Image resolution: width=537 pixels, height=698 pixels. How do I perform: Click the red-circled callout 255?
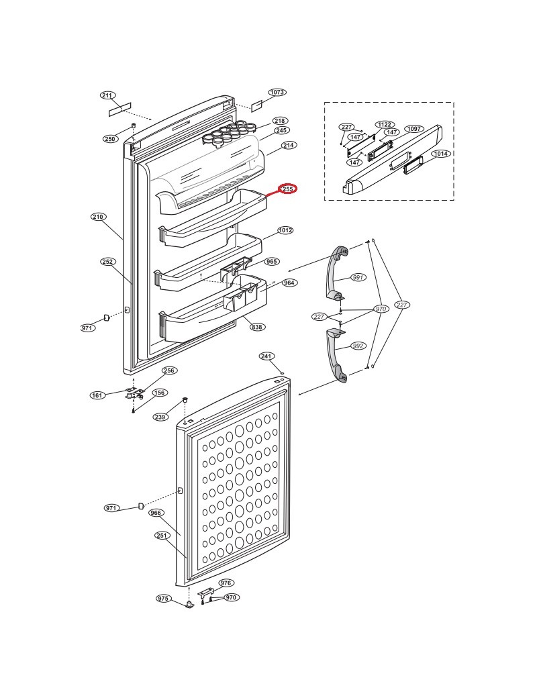pos(288,189)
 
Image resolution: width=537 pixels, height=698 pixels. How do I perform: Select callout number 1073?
pos(277,92)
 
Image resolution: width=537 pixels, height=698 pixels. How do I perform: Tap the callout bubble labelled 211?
pos(107,95)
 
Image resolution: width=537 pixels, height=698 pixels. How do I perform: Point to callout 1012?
pos(285,230)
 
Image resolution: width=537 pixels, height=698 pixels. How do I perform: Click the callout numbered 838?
pos(257,327)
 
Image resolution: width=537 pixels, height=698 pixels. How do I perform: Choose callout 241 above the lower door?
pos(266,356)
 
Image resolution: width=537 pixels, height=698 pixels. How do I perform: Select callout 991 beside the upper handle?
pos(358,277)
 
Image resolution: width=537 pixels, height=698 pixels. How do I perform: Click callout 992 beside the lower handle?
pos(358,346)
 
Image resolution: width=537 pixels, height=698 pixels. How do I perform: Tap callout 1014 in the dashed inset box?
pos(441,154)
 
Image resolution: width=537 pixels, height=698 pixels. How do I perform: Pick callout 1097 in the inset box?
pos(413,129)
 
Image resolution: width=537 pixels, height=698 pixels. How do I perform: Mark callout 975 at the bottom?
pos(163,598)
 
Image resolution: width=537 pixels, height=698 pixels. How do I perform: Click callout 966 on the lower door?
pos(156,513)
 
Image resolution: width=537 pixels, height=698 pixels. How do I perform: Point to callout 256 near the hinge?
pos(168,370)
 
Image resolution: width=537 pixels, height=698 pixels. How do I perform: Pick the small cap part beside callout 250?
pos(133,128)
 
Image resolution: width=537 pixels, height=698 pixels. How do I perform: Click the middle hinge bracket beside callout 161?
pos(134,393)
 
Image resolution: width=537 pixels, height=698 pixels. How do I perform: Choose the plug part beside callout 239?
pos(185,403)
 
